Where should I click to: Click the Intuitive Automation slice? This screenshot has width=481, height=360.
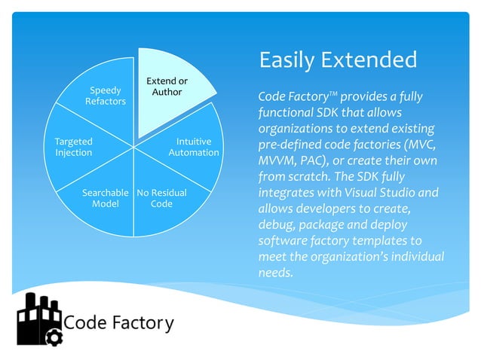[192, 148]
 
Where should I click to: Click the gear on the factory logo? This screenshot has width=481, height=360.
[53, 337]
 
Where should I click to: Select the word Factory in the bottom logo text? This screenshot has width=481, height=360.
[144, 324]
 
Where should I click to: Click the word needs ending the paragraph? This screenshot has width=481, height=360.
[274, 273]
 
